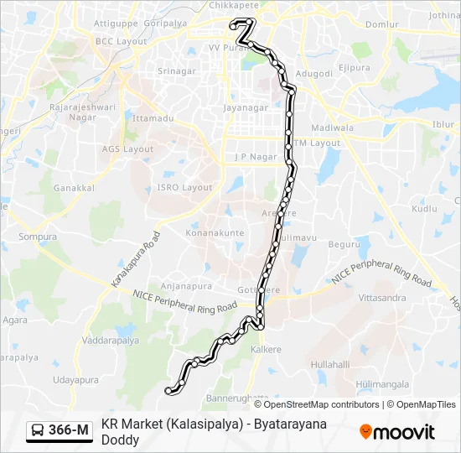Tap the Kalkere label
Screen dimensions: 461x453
coord(267,349)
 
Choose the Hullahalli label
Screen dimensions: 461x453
coord(330,365)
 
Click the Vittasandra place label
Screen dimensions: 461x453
coord(382,298)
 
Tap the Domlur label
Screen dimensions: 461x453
coord(381,24)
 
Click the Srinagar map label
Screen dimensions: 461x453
coord(177,71)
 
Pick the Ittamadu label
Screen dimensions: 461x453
coord(153,118)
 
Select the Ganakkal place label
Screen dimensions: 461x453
coord(74,188)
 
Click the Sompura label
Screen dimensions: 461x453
coord(37,237)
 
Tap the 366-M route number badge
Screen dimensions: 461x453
coord(60,430)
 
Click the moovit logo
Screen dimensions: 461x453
coord(397,431)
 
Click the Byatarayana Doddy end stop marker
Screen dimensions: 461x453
coord(169,390)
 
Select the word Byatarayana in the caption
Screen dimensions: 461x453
coord(287,424)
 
